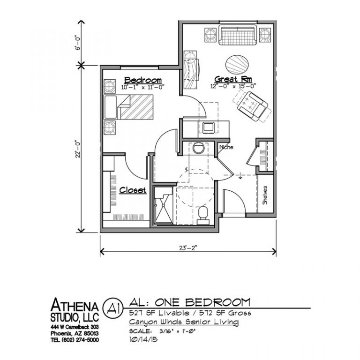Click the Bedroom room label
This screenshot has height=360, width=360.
coord(143,80)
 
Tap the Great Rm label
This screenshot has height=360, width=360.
coord(233,79)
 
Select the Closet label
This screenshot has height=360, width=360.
coord(133,190)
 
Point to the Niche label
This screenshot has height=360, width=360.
coord(226,147)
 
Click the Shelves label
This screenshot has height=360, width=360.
coord(265,195)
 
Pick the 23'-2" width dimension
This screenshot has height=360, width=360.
coord(188,248)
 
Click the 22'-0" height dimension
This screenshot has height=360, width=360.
coord(78,149)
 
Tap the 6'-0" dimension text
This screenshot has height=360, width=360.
coord(78,43)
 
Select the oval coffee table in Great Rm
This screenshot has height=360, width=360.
coord(237,64)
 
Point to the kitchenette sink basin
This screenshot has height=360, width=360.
coord(209,127)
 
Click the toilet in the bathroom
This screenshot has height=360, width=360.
coord(203,215)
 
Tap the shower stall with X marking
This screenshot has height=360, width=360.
coord(163,205)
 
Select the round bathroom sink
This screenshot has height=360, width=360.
coord(198,148)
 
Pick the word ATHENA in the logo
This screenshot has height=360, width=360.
coord(75,305)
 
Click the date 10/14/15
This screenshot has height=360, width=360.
coord(143,339)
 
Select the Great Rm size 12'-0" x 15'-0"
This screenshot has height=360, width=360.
coord(233,86)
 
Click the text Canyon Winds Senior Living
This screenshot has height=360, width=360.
coord(184,322)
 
